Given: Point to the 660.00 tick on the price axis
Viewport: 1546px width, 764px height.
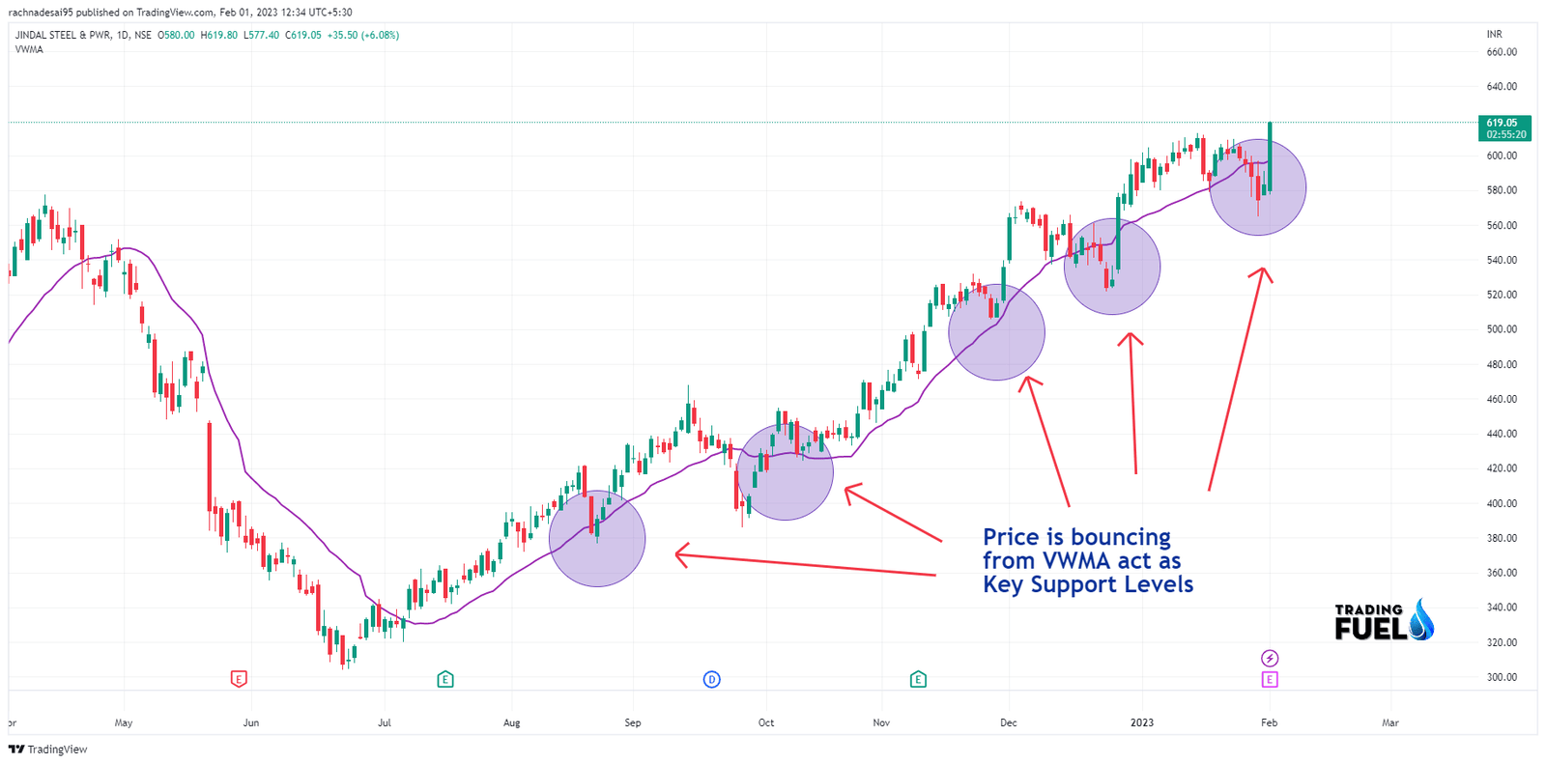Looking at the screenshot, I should pos(1501,52).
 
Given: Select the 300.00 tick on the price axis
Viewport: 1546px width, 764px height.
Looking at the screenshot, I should pos(1501,677).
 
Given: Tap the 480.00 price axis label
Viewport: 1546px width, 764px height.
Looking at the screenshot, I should pos(1501,364).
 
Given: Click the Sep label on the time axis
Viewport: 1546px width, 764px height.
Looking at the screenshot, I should pos(633,722).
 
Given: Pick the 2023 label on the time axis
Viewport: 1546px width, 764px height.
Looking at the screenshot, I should pos(1142,722).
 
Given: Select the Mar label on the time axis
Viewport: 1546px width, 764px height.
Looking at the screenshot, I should pos(1390,722).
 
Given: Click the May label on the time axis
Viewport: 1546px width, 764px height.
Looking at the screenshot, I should pos(123,722).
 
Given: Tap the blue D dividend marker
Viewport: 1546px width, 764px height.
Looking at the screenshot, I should pos(711,679).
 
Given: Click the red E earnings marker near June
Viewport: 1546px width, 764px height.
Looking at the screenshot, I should pos(239,679).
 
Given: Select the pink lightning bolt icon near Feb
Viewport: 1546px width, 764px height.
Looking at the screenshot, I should pos(1270,658).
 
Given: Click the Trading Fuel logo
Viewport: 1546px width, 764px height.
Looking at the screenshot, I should pos(1383,621).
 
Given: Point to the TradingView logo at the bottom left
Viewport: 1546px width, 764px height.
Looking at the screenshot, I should pos(48,750).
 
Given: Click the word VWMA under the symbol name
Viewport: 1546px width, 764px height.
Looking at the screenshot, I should pos(29,49).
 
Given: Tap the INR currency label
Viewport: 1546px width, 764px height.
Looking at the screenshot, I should pos(1494,35).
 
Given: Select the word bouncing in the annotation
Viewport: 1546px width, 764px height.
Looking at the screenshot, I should pos(1120,537).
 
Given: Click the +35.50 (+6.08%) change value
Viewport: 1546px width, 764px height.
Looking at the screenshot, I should pos(362,35).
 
